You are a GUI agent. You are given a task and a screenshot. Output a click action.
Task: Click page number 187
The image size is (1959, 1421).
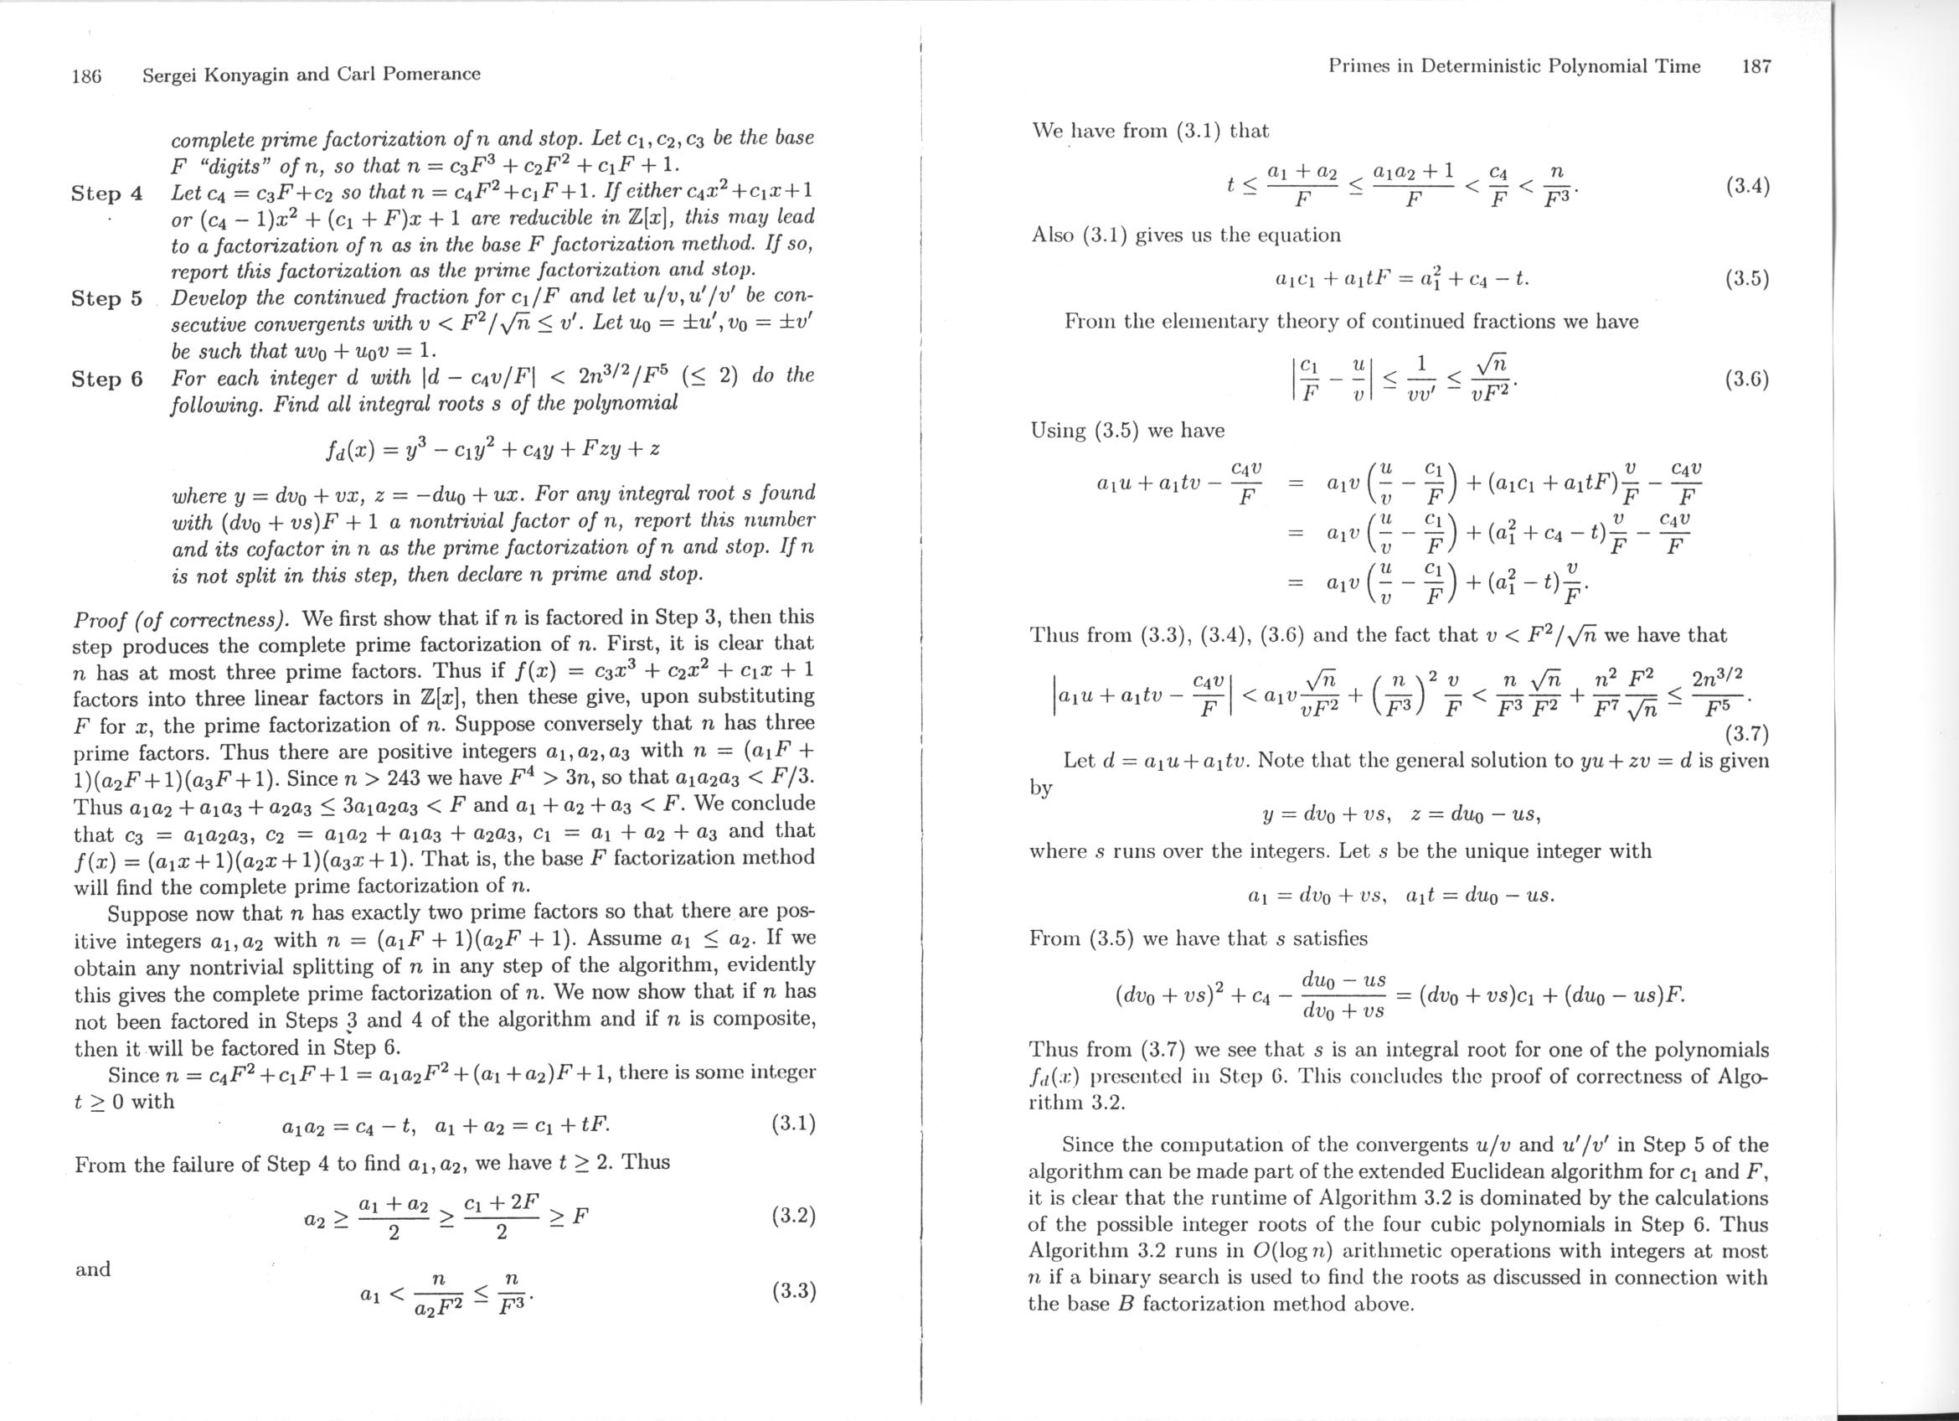(1756, 66)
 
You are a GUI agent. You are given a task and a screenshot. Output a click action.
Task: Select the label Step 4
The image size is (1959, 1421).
(107, 193)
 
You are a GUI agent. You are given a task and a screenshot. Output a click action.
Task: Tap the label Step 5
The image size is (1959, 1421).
(107, 298)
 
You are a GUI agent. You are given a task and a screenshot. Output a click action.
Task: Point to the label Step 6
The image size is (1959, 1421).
(107, 379)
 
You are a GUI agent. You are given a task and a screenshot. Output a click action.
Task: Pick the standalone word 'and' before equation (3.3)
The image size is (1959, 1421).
(92, 1269)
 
